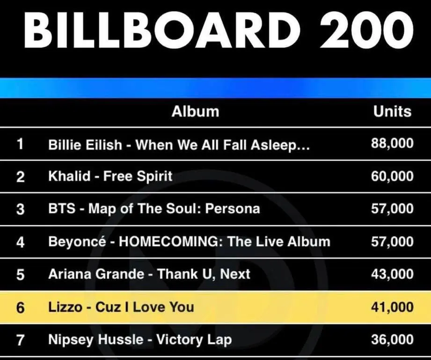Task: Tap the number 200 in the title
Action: [366, 29]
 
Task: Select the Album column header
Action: [196, 111]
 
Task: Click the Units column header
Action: [392, 111]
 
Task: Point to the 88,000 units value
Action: [392, 144]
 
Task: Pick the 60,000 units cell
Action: [392, 176]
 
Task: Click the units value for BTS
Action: [392, 209]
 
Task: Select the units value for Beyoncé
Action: [392, 242]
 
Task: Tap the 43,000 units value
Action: [392, 274]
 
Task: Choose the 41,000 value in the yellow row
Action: [392, 307]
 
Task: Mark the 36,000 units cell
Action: [392, 339]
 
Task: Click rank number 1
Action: [20, 144]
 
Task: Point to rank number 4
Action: [20, 242]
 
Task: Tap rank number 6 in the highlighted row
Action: [20, 308]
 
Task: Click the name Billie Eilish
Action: [85, 144]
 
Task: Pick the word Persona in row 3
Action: [233, 209]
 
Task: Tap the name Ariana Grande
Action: [96, 274]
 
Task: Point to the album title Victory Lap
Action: [194, 340]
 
